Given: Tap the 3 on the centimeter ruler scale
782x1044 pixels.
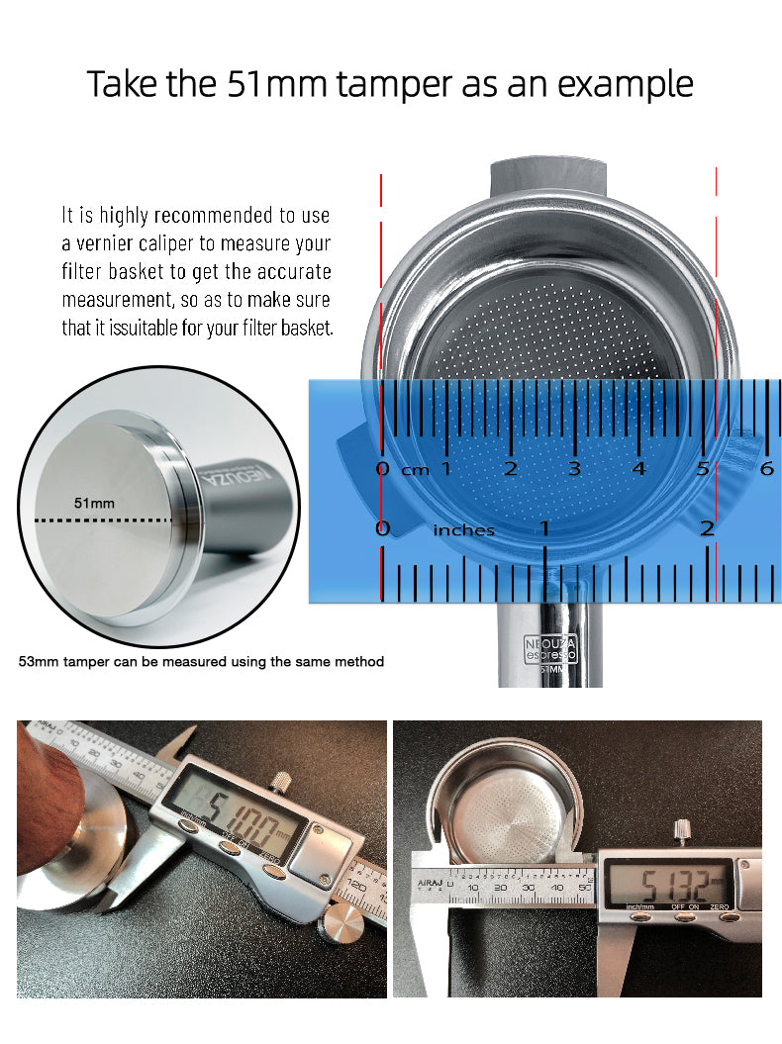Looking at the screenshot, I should pyautogui.click(x=575, y=467).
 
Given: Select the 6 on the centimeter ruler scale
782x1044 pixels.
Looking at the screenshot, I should pyautogui.click(x=766, y=467).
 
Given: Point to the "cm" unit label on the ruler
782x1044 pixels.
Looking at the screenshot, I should pyautogui.click(x=415, y=470).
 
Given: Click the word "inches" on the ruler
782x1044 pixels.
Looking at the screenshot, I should pyautogui.click(x=463, y=530).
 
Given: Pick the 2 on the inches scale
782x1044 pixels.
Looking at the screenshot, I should pyautogui.click(x=707, y=528).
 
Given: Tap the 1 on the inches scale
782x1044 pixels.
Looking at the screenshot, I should pyautogui.click(x=544, y=528).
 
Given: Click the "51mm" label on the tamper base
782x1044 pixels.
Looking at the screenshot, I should pyautogui.click(x=94, y=503).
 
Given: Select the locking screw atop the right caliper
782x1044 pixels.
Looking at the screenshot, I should pyautogui.click(x=682, y=831).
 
